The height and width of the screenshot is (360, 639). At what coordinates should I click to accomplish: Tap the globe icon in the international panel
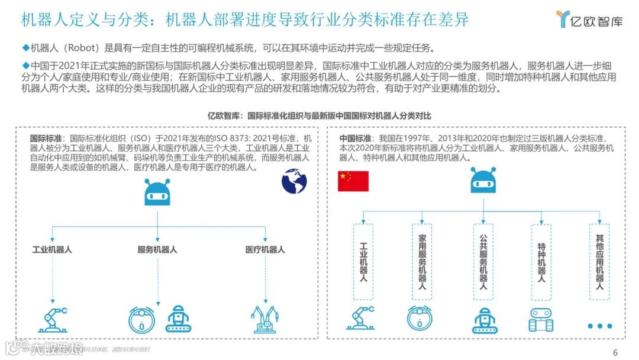[294, 182]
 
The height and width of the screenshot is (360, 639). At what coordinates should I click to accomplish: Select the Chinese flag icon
[353, 181]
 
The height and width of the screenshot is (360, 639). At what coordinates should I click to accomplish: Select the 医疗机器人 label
[265, 249]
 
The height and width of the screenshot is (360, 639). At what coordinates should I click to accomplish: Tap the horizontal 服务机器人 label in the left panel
[157, 249]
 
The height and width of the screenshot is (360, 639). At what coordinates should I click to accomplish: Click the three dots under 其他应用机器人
[599, 326]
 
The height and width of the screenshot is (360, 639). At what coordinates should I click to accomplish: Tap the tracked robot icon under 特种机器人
[541, 320]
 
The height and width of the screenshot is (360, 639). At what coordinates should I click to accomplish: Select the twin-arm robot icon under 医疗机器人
[265, 319]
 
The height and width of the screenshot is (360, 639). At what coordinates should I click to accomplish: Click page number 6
[615, 352]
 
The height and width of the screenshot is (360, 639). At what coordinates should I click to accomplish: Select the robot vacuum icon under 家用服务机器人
[419, 319]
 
